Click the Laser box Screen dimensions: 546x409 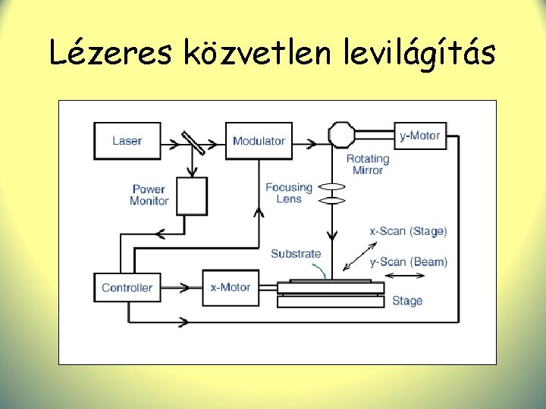pos(127,140)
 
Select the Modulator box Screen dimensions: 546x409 pos(259,140)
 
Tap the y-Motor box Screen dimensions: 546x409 pos(419,136)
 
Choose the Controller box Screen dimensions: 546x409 pos(127,288)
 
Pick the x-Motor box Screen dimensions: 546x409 pos(231,288)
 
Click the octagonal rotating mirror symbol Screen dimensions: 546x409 pos(341,136)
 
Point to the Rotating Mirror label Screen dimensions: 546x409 pos(368,164)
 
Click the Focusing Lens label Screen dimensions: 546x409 pos(289,193)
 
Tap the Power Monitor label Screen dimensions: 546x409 pos(149,195)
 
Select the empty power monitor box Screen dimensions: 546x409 pos(192,195)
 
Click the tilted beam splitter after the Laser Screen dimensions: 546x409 pos(193,142)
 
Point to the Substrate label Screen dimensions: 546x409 pos(296,254)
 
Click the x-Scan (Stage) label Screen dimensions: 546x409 pos(408,231)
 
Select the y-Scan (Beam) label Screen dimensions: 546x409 pos(408,262)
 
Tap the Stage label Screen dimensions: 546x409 pos(407,301)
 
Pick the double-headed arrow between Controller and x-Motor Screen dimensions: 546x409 pos(182,288)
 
